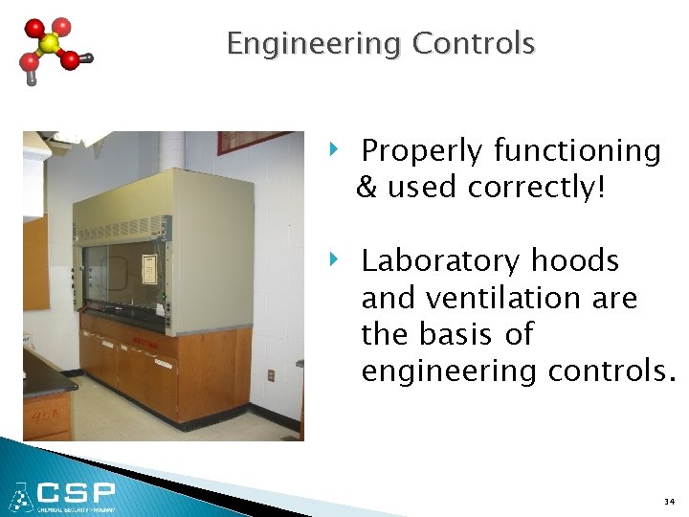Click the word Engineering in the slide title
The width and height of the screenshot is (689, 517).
314,44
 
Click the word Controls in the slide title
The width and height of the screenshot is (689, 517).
473,43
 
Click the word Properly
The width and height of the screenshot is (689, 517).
422,151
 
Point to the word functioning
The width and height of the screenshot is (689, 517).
577,151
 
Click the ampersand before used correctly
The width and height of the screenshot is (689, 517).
367,188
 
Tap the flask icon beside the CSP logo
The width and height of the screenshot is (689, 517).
20,497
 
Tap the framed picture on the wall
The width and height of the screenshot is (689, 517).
254,143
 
